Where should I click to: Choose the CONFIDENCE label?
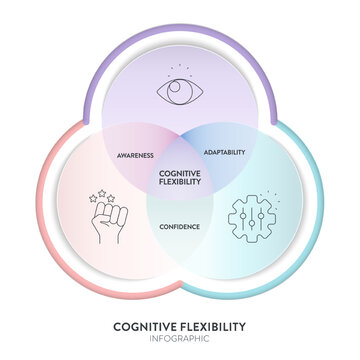pyautogui.click(x=180, y=227)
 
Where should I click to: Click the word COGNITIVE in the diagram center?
pyautogui.click(x=180, y=172)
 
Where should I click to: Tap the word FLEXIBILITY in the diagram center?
pyautogui.click(x=180, y=182)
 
